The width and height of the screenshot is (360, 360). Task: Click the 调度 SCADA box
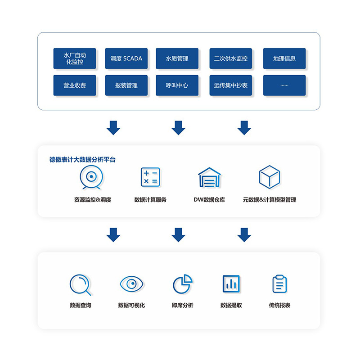[126, 58]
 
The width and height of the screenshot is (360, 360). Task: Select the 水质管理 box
[177, 58]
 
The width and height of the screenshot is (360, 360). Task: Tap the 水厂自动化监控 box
[75, 58]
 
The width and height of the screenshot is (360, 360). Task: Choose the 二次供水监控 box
[231, 58]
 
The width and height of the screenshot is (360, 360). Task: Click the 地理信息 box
[284, 58]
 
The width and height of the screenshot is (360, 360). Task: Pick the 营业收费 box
[75, 85]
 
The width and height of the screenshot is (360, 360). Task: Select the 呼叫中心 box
[177, 85]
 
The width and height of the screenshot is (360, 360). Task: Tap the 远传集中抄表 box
[231, 85]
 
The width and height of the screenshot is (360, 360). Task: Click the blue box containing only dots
[284, 85]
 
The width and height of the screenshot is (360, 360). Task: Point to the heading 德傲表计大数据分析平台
[82, 160]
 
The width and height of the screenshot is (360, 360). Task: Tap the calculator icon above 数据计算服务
[150, 177]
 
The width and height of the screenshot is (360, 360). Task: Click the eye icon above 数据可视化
[131, 284]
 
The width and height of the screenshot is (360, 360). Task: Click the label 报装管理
[126, 85]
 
